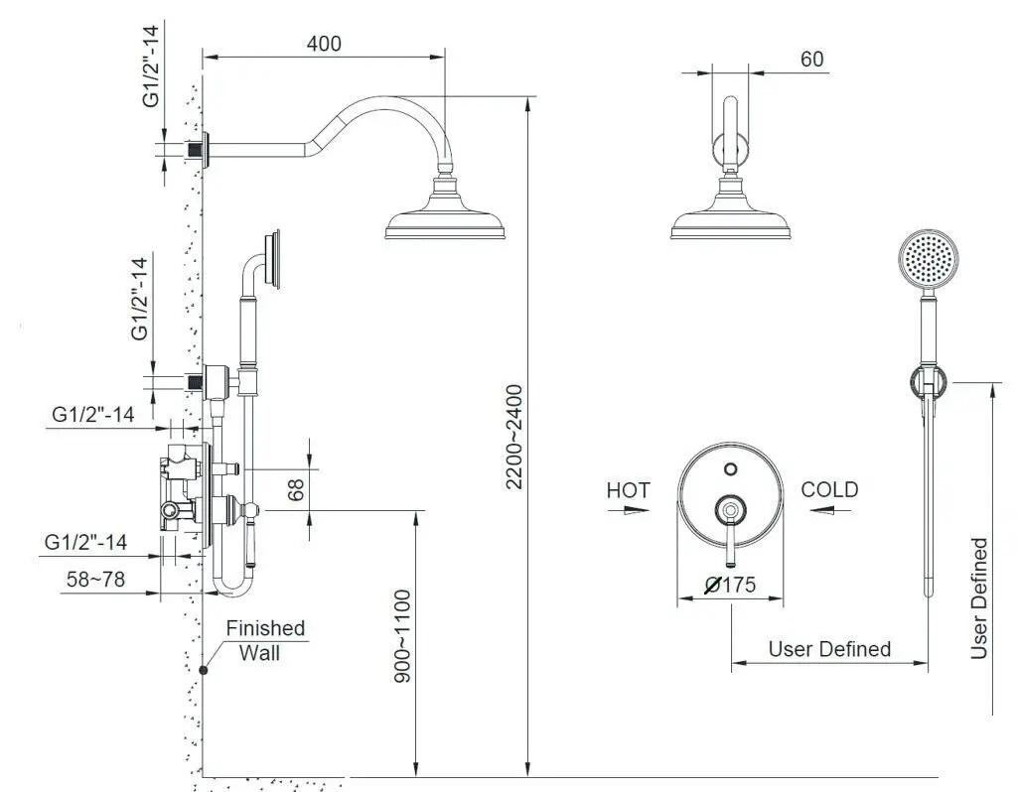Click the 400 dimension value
[324, 44]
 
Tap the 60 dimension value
[812, 59]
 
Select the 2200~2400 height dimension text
[514, 437]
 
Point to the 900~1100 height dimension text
[403, 636]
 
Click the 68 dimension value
[296, 489]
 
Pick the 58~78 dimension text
[95, 579]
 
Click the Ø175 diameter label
[730, 585]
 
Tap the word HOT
[628, 490]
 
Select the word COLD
[829, 489]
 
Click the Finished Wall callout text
[264, 640]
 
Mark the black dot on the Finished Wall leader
[203, 670]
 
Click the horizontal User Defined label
[829, 649]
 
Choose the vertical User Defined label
[978, 598]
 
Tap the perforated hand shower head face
[929, 259]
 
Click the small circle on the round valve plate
[731, 468]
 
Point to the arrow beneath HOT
[629, 510]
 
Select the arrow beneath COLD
[831, 511]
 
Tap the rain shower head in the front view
[731, 206]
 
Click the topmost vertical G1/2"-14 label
[151, 66]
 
